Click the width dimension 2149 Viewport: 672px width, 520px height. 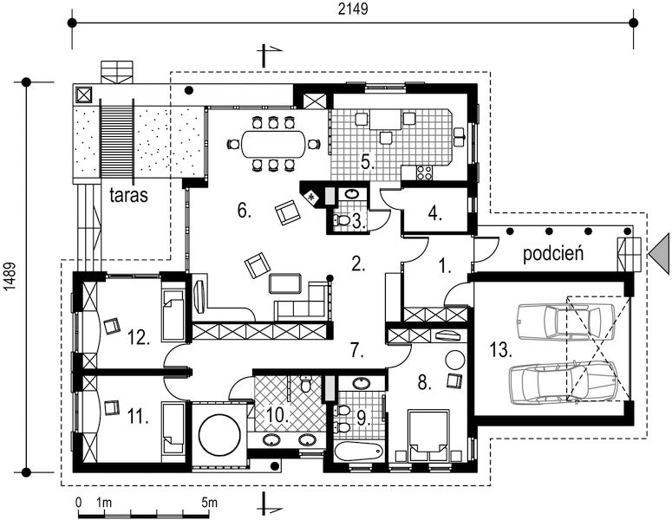[x=353, y=9]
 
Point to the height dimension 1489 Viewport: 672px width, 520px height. [x=10, y=276]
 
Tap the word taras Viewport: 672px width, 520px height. [x=128, y=194]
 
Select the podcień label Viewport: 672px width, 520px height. [x=553, y=253]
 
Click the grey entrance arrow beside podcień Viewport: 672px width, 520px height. [x=659, y=254]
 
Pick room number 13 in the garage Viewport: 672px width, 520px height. [x=501, y=350]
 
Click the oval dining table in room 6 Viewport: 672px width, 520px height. [x=273, y=145]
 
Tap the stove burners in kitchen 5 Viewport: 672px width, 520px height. [x=424, y=172]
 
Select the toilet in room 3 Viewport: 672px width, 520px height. [x=343, y=221]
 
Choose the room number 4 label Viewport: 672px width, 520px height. [x=434, y=213]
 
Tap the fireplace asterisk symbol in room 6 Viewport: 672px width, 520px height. [x=311, y=197]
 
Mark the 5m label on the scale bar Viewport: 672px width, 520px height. [x=209, y=502]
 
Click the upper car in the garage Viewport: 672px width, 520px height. [x=565, y=322]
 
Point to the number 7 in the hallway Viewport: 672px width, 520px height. [x=356, y=351]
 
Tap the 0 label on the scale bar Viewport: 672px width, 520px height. [x=78, y=502]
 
